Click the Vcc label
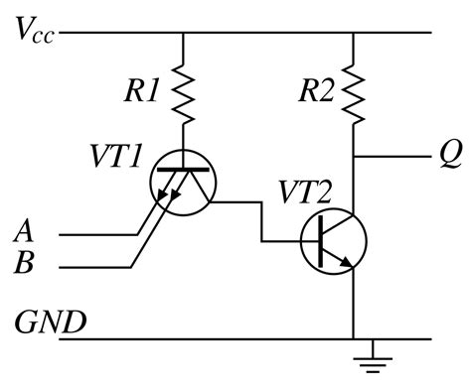pos(34,31)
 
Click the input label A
pos(26,234)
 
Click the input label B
pos(26,265)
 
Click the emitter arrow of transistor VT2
pos(346,262)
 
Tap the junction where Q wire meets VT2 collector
pos(354,156)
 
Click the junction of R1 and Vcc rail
pos(184,33)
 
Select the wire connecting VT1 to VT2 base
pos(261,220)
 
